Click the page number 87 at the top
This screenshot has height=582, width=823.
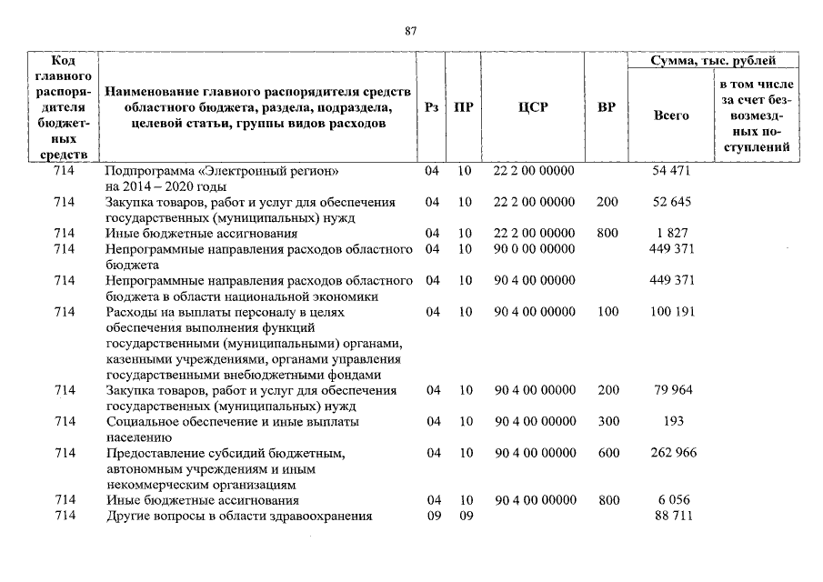pyautogui.click(x=410, y=31)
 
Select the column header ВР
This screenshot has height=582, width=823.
pyautogui.click(x=607, y=107)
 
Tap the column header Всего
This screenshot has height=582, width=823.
pyautogui.click(x=671, y=115)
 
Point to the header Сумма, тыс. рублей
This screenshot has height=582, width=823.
pyautogui.click(x=713, y=61)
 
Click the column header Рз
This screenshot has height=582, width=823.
pyautogui.click(x=432, y=107)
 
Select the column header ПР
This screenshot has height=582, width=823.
pyautogui.click(x=464, y=107)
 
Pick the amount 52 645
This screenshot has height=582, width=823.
pyautogui.click(x=672, y=202)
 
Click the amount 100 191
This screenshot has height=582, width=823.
pyautogui.click(x=672, y=312)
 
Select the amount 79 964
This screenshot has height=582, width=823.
pyautogui.click(x=672, y=390)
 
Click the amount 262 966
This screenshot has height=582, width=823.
pyautogui.click(x=672, y=453)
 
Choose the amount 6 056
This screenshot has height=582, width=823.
pyautogui.click(x=672, y=500)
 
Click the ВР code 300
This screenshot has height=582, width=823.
pyautogui.click(x=607, y=422)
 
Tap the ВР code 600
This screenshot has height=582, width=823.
pyautogui.click(x=607, y=453)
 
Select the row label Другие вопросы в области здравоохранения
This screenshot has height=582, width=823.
pyautogui.click(x=239, y=516)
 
